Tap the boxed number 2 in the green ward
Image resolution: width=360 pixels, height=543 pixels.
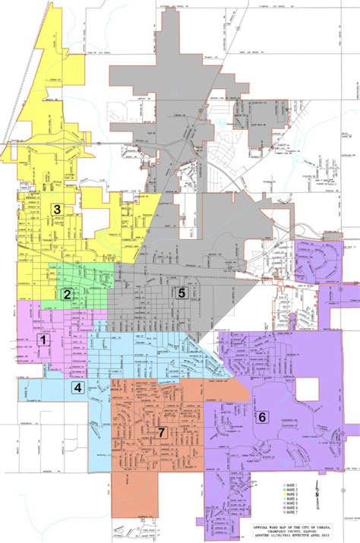click(x=67, y=295)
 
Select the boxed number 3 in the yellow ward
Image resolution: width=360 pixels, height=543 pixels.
click(x=55, y=207)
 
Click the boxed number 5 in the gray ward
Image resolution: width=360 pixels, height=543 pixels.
click(x=182, y=292)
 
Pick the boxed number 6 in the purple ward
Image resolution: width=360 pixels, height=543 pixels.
click(x=262, y=416)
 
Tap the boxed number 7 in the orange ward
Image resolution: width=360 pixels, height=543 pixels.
click(x=162, y=432)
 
